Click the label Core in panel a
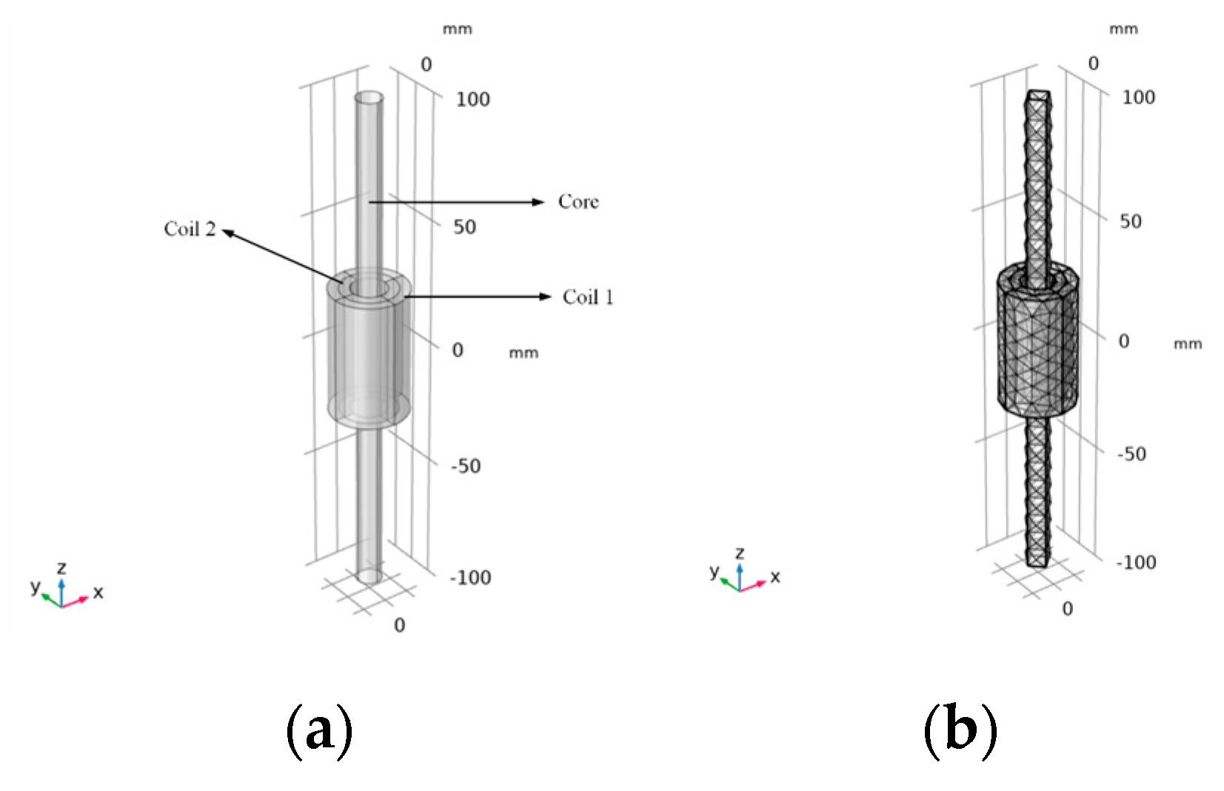578,201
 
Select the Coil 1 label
587,297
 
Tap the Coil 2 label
190,229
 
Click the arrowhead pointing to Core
539,202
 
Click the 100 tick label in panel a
472,99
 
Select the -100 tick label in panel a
470,577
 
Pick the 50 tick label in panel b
1130,221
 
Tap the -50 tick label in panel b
1131,454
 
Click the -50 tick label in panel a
466,466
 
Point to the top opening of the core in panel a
369,98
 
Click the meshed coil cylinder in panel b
1037,340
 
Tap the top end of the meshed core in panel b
1038,95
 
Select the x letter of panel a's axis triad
98,592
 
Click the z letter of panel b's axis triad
740,553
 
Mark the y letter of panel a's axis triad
35,586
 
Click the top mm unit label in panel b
1123,30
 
